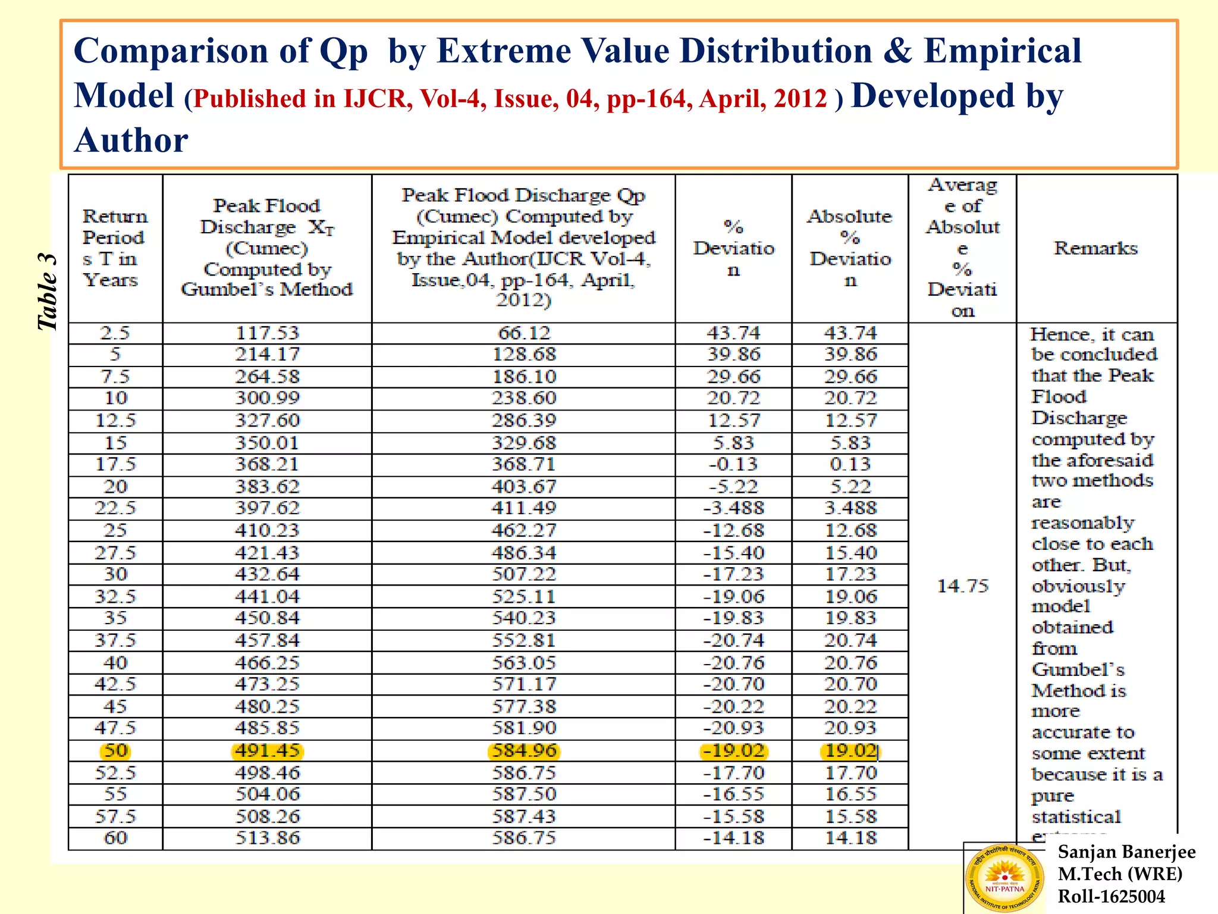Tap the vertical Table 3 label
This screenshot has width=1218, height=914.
(x=48, y=292)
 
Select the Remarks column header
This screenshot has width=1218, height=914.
(x=1095, y=248)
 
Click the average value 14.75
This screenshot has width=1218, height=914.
(x=962, y=586)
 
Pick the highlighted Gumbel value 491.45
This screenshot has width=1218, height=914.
(x=267, y=751)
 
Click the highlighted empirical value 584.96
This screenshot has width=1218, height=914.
(x=524, y=751)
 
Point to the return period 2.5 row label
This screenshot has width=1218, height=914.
(x=115, y=333)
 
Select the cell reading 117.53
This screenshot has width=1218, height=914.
(x=267, y=333)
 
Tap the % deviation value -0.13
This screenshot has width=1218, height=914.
(x=733, y=464)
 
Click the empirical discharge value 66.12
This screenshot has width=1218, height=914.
(x=524, y=333)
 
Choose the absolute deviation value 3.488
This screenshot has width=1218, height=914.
(x=850, y=508)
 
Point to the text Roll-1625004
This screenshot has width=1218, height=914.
(x=1111, y=896)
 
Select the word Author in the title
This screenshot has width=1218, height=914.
(x=131, y=141)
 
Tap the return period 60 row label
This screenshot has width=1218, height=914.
(x=115, y=838)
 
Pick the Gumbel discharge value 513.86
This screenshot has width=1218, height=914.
(x=267, y=838)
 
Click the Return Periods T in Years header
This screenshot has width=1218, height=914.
(x=115, y=248)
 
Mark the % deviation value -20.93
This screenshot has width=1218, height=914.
(x=733, y=728)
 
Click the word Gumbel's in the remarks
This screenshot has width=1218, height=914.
(x=1078, y=670)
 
